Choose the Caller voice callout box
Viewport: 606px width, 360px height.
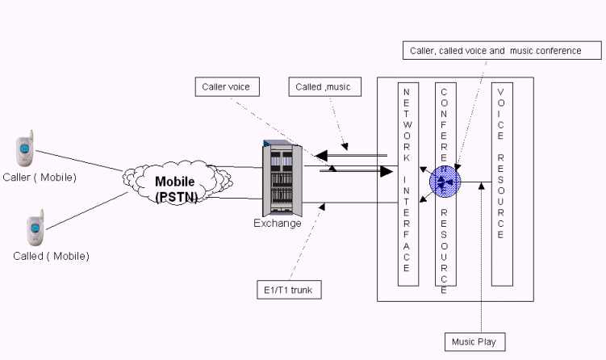(228, 86)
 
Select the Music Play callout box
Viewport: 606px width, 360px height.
(476, 342)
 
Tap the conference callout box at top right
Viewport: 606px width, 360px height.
(502, 51)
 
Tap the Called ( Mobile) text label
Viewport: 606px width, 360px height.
(51, 256)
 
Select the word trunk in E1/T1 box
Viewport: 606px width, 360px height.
(304, 289)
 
